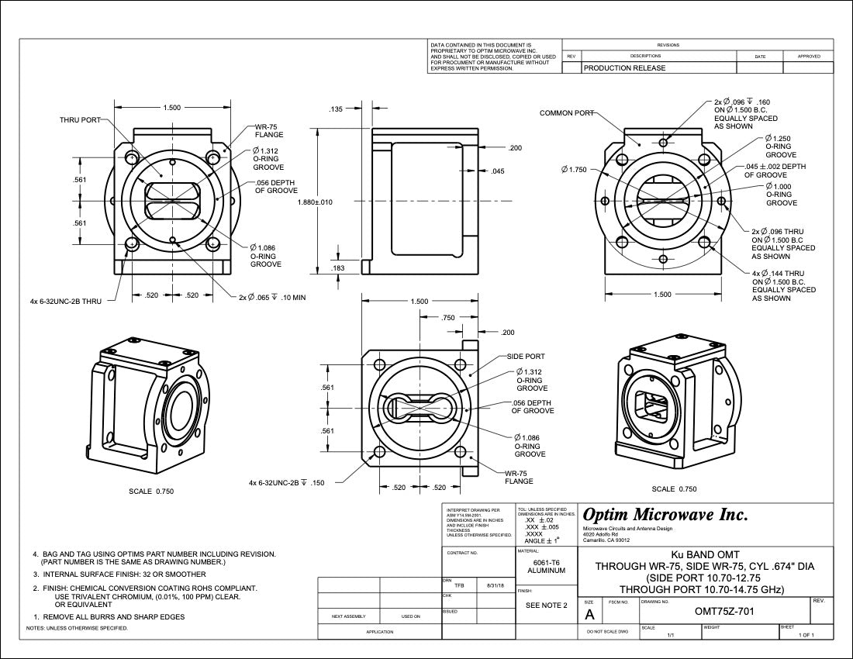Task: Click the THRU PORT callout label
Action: (x=80, y=120)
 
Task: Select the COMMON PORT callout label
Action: (x=567, y=113)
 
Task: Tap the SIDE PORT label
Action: (x=525, y=357)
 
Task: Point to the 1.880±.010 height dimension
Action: (x=315, y=202)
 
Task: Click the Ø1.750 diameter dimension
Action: (x=574, y=169)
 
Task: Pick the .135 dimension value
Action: (x=336, y=109)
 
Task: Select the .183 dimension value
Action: (x=338, y=267)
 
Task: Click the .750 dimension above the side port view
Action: (x=447, y=317)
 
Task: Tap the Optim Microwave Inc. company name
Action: (x=665, y=515)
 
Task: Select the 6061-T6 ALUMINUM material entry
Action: (x=547, y=567)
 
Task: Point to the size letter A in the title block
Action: (x=589, y=614)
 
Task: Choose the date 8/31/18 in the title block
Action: (x=495, y=585)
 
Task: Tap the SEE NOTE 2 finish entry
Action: (x=547, y=605)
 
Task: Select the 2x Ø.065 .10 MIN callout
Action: (x=271, y=297)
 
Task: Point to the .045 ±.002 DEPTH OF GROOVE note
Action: (x=775, y=171)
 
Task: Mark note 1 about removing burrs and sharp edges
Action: (x=108, y=616)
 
